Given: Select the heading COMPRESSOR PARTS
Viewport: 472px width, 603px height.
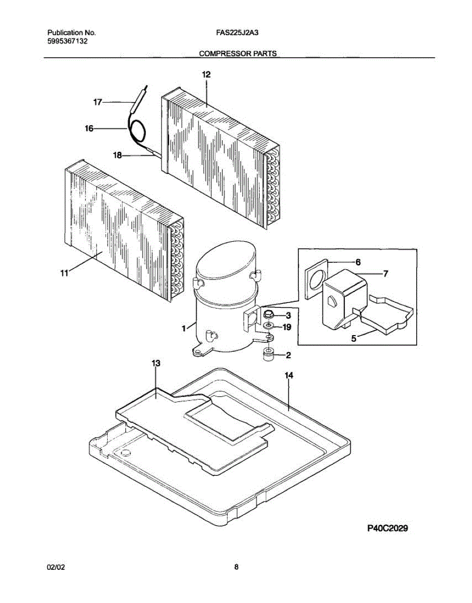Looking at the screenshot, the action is click(238, 53).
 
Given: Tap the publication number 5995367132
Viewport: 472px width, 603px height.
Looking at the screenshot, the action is click(67, 41).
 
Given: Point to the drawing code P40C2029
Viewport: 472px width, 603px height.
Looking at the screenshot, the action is click(387, 528).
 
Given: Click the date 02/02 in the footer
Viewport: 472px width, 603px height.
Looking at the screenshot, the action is click(56, 567).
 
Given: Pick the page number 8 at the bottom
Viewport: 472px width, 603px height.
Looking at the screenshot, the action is click(236, 567).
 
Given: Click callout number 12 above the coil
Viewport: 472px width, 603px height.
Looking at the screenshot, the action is click(206, 75).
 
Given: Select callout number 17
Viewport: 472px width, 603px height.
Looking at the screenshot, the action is click(98, 102).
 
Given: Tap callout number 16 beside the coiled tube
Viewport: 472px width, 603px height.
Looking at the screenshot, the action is click(89, 129).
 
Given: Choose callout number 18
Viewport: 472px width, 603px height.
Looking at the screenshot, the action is click(118, 155).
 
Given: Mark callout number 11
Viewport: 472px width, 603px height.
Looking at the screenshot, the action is click(64, 273).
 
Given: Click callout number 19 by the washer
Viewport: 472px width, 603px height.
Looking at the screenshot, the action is click(287, 327).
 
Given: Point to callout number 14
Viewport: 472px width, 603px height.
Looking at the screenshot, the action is click(289, 375).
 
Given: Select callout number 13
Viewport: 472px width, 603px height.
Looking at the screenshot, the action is click(156, 363).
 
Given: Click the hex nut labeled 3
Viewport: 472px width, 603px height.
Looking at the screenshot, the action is click(268, 315).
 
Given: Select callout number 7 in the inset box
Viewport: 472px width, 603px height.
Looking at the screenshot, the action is click(385, 274).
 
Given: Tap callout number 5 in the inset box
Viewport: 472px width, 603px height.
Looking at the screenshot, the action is click(354, 339).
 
